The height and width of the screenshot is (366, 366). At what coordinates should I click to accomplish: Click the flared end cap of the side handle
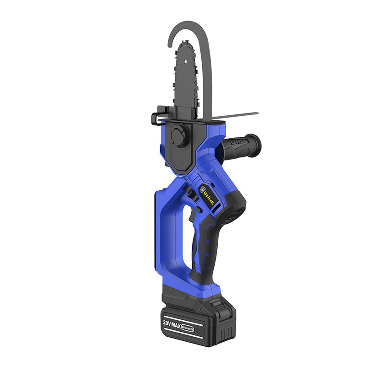click(x=255, y=143)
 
